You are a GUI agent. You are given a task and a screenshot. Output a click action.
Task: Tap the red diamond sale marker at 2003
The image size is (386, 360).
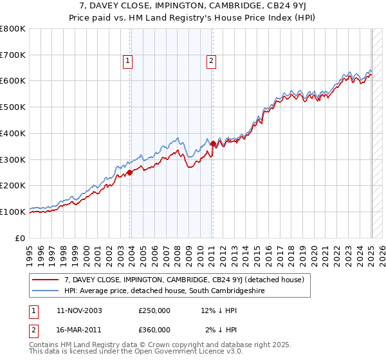130,172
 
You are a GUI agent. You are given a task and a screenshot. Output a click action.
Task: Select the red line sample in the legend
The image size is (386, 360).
45,280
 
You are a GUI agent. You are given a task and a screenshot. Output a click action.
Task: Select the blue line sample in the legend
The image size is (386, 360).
45,291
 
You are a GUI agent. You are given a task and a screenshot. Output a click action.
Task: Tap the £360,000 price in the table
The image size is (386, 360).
154,330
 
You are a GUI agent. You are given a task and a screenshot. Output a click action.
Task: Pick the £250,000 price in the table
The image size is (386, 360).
154,310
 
